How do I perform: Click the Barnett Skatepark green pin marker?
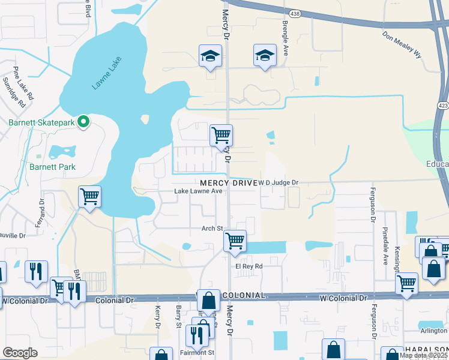pyautogui.click(x=84, y=122)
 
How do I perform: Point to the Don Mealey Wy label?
pyautogui.click(x=402, y=44)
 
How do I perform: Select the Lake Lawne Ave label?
pyautogui.click(x=198, y=191)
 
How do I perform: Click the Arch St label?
pyautogui.click(x=212, y=229)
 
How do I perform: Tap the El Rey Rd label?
pyautogui.click(x=249, y=266)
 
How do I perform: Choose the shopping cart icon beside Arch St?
pyautogui.click(x=235, y=241)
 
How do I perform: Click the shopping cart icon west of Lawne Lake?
pyautogui.click(x=89, y=196)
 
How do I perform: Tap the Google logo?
pyautogui.click(x=20, y=353)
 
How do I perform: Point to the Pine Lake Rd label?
pyautogui.click(x=24, y=83)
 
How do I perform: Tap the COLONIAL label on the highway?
pyautogui.click(x=243, y=296)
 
